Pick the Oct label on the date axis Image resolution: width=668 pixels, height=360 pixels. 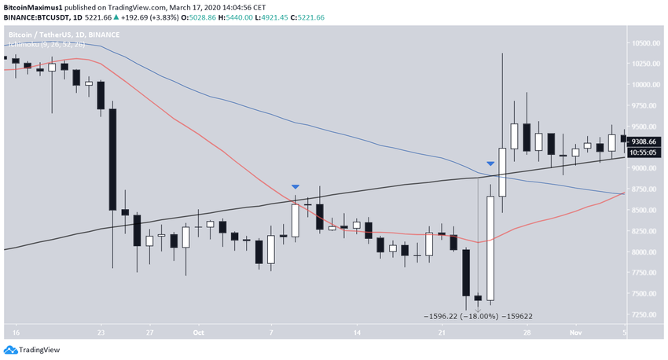(198, 332)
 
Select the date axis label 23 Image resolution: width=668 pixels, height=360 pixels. (101, 332)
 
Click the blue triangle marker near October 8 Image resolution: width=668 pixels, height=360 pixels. (295, 186)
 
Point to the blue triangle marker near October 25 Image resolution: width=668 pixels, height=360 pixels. (490, 163)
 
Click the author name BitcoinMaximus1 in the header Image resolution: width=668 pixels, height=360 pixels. (31, 6)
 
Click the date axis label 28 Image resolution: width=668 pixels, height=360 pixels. (527, 332)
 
